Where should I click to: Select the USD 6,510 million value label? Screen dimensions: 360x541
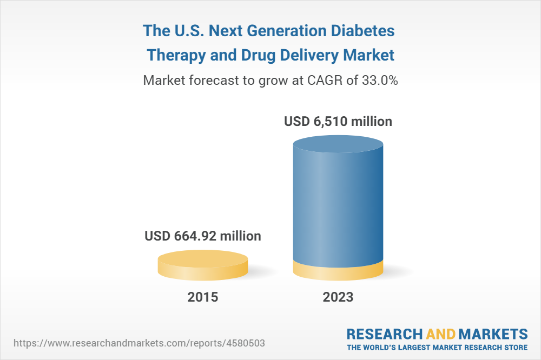[338, 122]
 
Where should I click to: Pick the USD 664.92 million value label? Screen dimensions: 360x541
[203, 236]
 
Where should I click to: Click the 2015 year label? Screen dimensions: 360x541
[203, 297]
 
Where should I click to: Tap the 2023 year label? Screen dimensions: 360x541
[338, 297]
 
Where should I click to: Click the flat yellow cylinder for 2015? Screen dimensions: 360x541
[203, 265]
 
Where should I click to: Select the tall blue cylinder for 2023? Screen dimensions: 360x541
[338, 205]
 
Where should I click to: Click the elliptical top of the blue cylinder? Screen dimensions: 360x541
[338, 145]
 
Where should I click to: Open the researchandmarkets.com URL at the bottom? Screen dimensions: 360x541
[140, 343]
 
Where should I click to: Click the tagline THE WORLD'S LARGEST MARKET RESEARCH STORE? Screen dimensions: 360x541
[437, 346]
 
